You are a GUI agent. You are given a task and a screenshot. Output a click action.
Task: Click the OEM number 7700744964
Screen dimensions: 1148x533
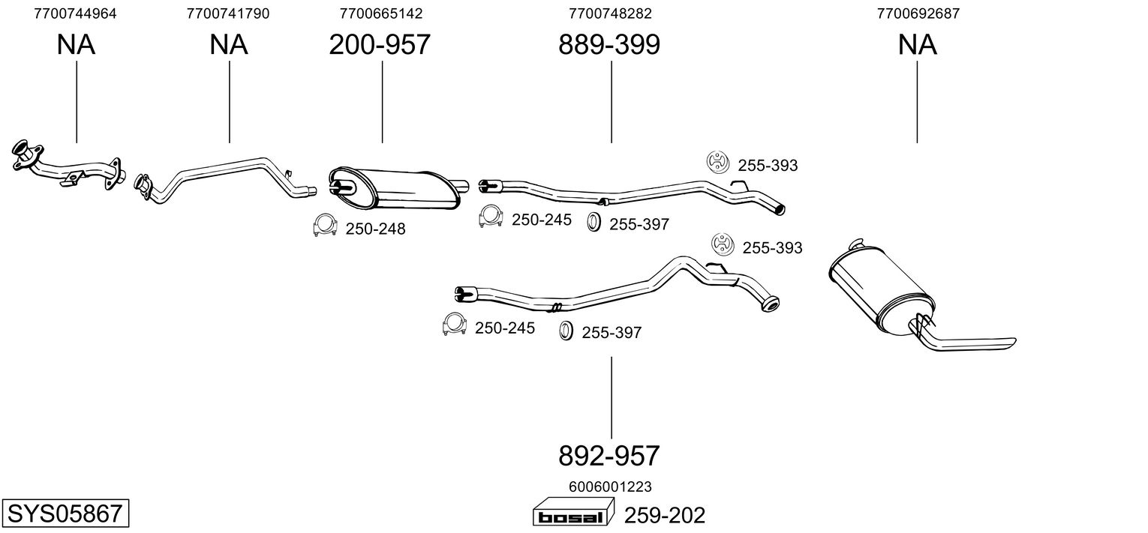pyautogui.click(x=76, y=13)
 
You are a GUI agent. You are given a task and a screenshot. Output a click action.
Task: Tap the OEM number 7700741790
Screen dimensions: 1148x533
pyautogui.click(x=228, y=13)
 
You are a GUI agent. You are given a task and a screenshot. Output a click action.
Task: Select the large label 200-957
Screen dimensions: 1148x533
pyautogui.click(x=380, y=45)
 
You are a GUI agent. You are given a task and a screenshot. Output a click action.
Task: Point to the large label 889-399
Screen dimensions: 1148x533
pyautogui.click(x=609, y=45)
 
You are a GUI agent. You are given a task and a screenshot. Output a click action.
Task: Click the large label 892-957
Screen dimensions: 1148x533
pyautogui.click(x=609, y=455)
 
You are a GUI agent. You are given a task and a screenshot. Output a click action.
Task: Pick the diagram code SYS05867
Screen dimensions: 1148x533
pyautogui.click(x=65, y=514)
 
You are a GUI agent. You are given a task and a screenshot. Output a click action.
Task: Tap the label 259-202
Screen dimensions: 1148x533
pyautogui.click(x=666, y=516)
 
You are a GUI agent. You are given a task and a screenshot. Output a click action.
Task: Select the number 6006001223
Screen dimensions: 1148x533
pyautogui.click(x=609, y=487)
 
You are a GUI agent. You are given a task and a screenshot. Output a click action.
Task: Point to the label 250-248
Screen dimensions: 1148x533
pyautogui.click(x=375, y=229)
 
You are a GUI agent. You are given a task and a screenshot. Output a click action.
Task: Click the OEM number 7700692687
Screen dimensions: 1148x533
pyautogui.click(x=918, y=13)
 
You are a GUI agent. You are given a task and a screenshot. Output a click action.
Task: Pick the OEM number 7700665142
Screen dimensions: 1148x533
pyautogui.click(x=381, y=13)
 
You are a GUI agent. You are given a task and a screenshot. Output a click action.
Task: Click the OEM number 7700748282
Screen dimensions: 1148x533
pyautogui.click(x=611, y=13)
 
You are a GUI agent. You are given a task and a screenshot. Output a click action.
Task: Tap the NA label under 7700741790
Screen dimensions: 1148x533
pyautogui.click(x=228, y=45)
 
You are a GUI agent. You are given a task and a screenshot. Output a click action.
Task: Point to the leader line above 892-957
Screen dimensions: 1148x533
pyautogui.click(x=611, y=397)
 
